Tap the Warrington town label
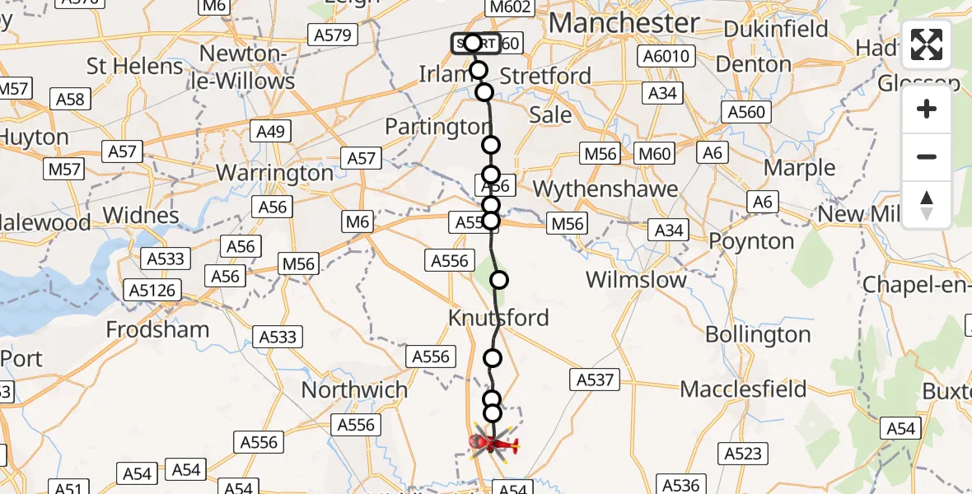click(273, 174)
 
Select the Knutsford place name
click(498, 318)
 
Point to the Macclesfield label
click(743, 389)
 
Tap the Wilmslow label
click(636, 280)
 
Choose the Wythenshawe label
click(605, 189)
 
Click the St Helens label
click(135, 66)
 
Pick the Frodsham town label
click(157, 329)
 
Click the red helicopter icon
click(493, 445)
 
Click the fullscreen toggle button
click(927, 44)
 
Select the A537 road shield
click(593, 380)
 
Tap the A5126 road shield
click(152, 291)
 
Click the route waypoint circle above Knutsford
click(499, 280)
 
